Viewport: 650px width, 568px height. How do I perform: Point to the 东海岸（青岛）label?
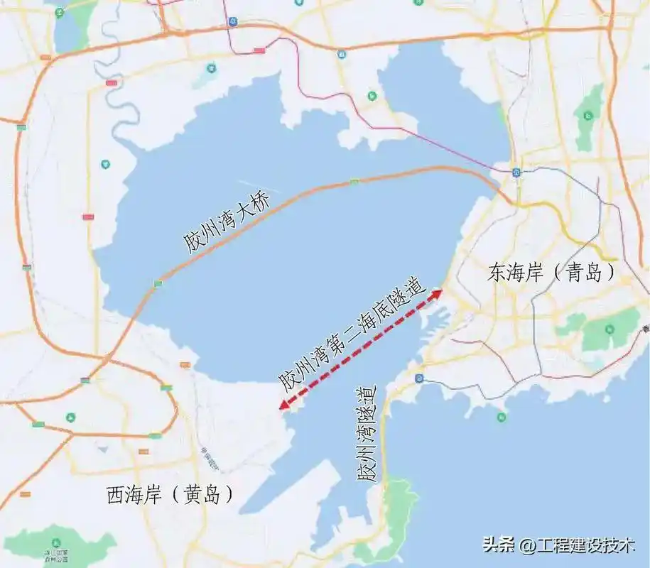pos(551,273)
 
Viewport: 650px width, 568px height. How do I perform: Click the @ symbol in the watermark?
pos(526,545)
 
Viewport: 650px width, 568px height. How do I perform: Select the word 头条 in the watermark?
pos(499,545)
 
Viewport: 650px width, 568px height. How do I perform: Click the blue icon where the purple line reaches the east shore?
pos(516,171)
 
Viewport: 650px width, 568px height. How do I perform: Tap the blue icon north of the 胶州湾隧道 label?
pos(420,378)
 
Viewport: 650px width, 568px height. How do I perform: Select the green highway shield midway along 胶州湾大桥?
pos(354,182)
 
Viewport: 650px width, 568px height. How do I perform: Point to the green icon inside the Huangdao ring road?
pos(70,417)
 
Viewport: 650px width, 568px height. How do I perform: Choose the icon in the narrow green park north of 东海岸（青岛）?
pos(588,114)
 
